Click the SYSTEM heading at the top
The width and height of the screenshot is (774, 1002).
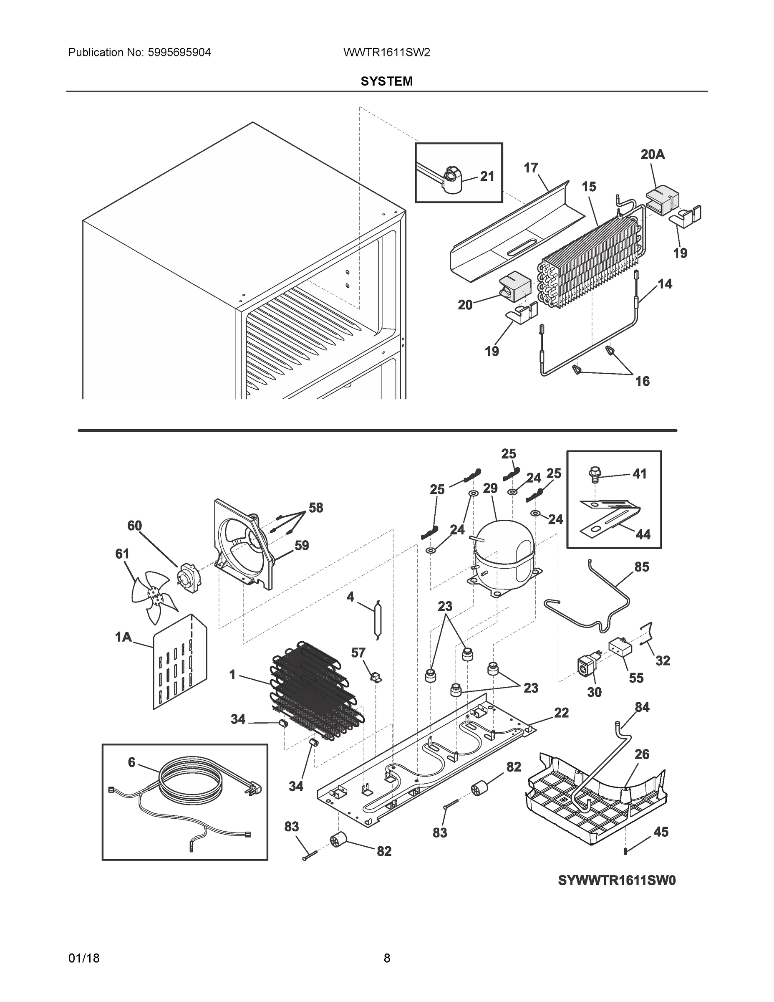386,81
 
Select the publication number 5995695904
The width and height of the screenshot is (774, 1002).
179,53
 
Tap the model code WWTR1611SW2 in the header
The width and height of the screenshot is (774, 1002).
386,53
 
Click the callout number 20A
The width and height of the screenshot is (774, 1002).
653,154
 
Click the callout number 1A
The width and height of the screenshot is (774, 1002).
123,637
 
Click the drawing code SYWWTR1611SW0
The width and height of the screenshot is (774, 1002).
617,881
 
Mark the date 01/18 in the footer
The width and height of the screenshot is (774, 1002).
84,958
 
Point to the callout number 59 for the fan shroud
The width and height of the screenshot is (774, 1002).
301,546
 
